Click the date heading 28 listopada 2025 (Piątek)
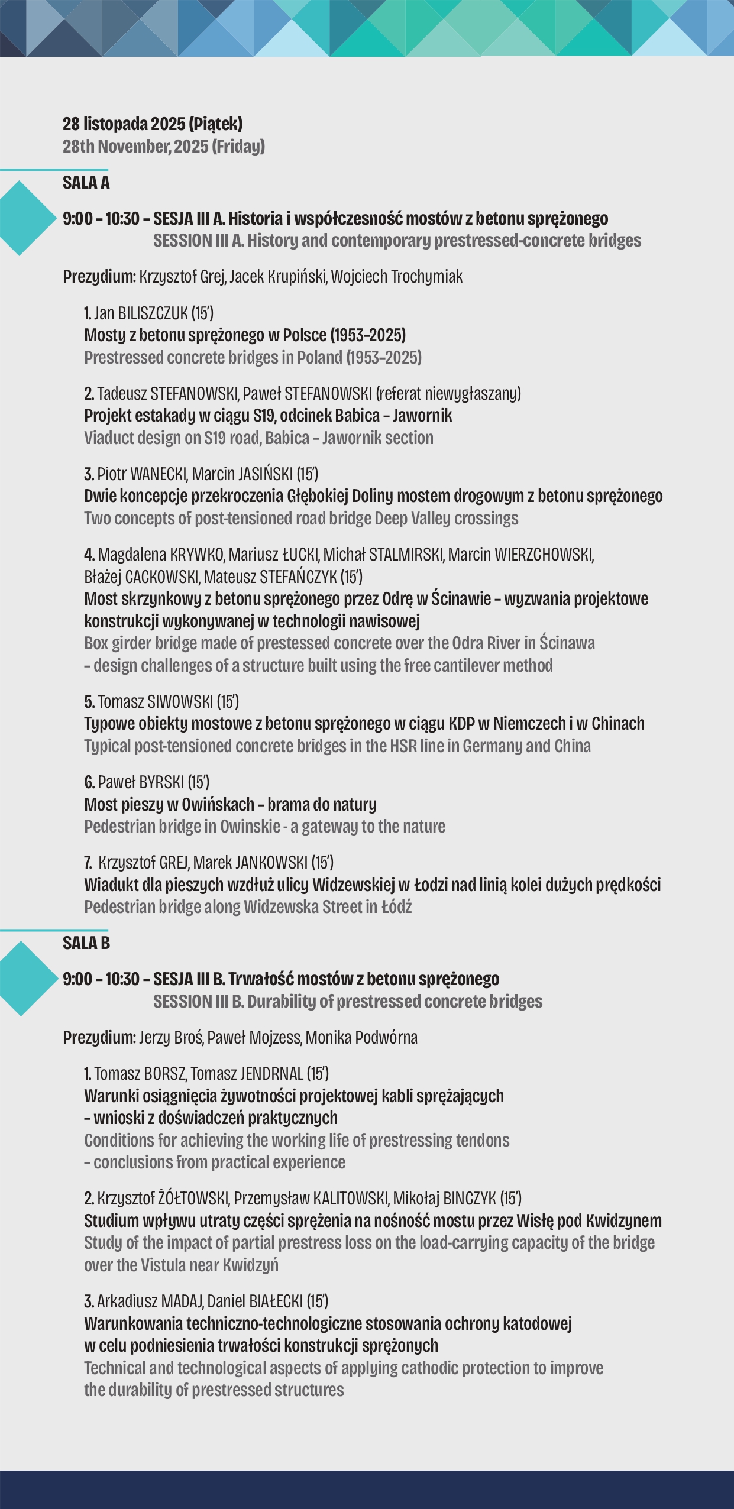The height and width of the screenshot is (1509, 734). pyautogui.click(x=153, y=124)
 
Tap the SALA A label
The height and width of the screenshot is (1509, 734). pyautogui.click(x=86, y=183)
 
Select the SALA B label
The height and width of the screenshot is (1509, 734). pyautogui.click(x=86, y=943)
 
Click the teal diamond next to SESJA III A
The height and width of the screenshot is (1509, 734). pyautogui.click(x=22, y=218)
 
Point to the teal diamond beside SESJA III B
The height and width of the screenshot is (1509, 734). pyautogui.click(x=22, y=978)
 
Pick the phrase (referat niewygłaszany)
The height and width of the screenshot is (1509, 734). pyautogui.click(x=448, y=393)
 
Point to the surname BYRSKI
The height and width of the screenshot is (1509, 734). pyautogui.click(x=161, y=782)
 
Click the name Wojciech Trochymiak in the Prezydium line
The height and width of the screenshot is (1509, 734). pyautogui.click(x=397, y=277)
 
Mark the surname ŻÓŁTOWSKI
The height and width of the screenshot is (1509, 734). pyautogui.click(x=193, y=1199)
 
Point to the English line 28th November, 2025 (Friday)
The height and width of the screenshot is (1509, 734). pyautogui.click(x=164, y=147)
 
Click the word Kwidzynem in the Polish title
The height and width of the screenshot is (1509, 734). pyautogui.click(x=623, y=1220)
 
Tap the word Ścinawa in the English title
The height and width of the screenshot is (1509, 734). pyautogui.click(x=567, y=643)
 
